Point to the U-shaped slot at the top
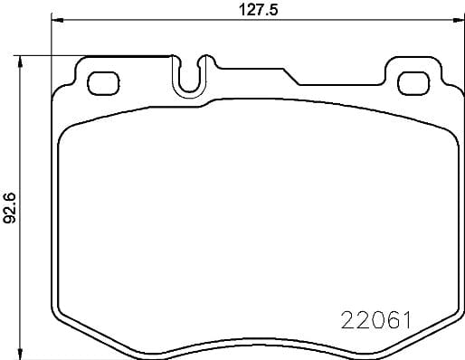190,77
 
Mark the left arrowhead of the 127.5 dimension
56,20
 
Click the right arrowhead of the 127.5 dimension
453,20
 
